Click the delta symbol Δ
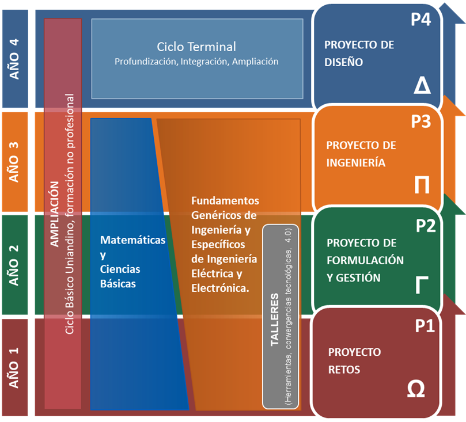[422, 86]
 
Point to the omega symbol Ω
[416, 389]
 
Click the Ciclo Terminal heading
[196, 47]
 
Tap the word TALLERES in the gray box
[275, 320]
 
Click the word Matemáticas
[132, 240]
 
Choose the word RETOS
[344, 370]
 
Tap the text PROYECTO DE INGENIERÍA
[360, 154]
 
